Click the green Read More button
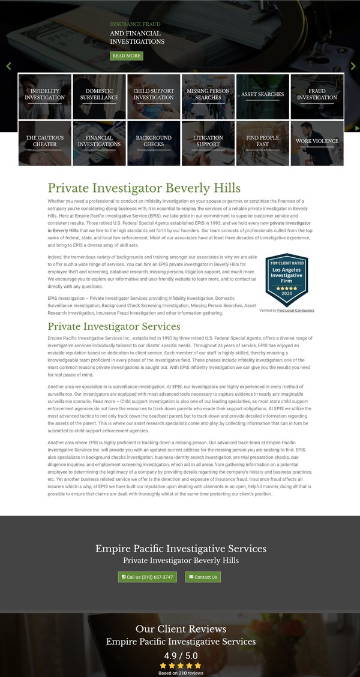tap(126, 56)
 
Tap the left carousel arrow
tap(8, 66)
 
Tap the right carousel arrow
tap(353, 66)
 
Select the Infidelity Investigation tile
tap(45, 96)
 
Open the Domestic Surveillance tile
tap(99, 96)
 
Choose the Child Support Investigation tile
tap(154, 96)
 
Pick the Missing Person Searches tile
tap(208, 96)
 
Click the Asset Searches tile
tap(262, 96)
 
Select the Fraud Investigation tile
tap(317, 96)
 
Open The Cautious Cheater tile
tap(45, 143)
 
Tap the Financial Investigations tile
tap(99, 143)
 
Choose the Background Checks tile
tap(154, 143)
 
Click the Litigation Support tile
tap(208, 143)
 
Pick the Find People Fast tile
tap(262, 143)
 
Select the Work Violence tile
tap(317, 143)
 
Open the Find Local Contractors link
tap(296, 311)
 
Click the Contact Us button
tap(203, 577)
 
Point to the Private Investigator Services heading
tap(114, 327)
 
